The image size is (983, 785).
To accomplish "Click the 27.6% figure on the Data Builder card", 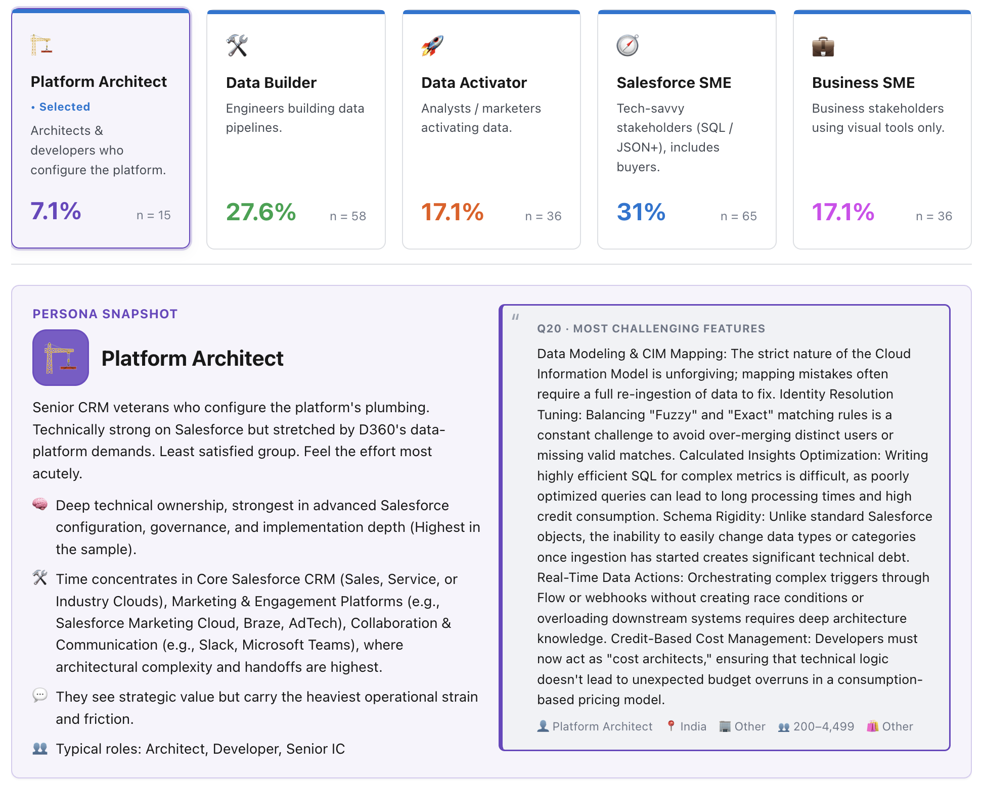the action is coord(261,212).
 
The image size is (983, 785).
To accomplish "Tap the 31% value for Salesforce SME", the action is coord(641,212).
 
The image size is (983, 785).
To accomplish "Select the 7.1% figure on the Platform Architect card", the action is coord(56,211).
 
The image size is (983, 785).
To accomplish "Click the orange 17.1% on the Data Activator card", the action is coord(453,212).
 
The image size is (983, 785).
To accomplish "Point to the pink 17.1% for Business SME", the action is coord(843,212).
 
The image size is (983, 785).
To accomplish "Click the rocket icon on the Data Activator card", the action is coord(432,46).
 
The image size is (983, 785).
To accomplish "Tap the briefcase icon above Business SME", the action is coord(823,46).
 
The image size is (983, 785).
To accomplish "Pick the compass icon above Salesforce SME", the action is coord(628,45).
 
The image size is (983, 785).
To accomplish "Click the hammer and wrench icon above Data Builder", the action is coord(237,45).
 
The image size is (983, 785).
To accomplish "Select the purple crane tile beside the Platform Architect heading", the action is coord(61,358).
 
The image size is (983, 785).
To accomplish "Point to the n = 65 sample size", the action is coord(739,216).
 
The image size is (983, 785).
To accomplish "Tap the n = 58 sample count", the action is coord(348,216).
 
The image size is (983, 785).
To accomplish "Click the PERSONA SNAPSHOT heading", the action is coord(105,314).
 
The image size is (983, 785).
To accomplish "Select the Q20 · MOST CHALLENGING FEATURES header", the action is coord(651,329).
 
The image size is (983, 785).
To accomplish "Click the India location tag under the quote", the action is coord(687,726).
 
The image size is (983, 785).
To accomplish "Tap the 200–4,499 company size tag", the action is coord(816,726).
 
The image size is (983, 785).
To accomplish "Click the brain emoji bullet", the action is coord(40,504).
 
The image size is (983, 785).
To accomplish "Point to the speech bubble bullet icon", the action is coord(40,696).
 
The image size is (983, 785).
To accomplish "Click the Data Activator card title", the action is coord(474,83).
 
